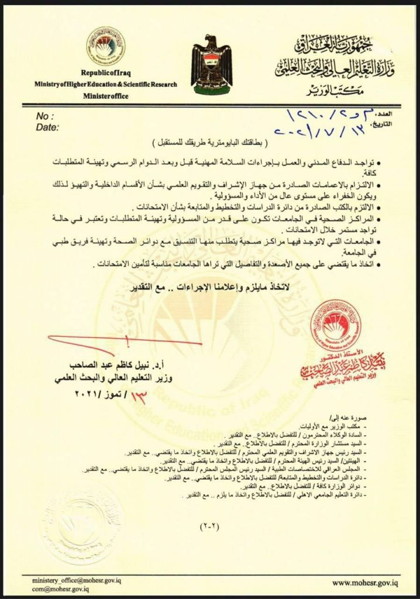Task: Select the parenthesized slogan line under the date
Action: click(x=210, y=143)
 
